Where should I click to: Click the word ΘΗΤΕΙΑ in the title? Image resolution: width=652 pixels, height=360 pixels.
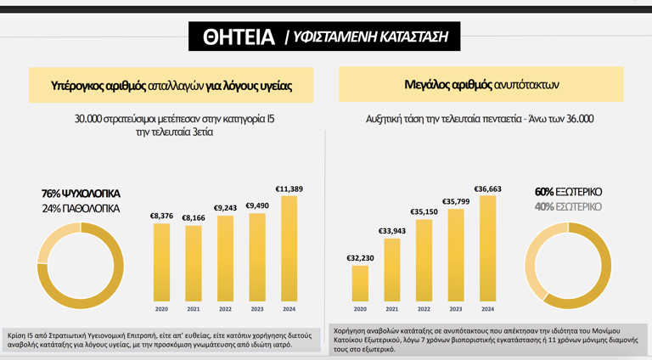click(x=239, y=37)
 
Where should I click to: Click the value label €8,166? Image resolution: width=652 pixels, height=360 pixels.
click(x=193, y=217)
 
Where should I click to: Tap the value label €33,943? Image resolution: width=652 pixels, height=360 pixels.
click(x=391, y=230)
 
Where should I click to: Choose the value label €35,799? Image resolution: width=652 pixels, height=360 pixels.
click(x=456, y=201)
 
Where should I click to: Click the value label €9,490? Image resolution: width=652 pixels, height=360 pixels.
click(x=257, y=205)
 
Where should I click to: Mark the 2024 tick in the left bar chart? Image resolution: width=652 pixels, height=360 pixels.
click(x=289, y=309)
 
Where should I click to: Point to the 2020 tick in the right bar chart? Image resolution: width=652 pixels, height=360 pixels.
click(x=360, y=309)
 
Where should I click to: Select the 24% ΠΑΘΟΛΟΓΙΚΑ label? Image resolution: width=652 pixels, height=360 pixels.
click(x=81, y=208)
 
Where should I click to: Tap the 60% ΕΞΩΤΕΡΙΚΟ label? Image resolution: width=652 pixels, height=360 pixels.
click(x=568, y=192)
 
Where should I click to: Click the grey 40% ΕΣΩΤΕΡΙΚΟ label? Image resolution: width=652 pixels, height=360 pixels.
click(x=568, y=206)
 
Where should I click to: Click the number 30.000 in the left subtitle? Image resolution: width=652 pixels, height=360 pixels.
click(x=93, y=119)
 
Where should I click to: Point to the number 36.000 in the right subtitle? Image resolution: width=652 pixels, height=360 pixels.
click(x=576, y=119)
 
